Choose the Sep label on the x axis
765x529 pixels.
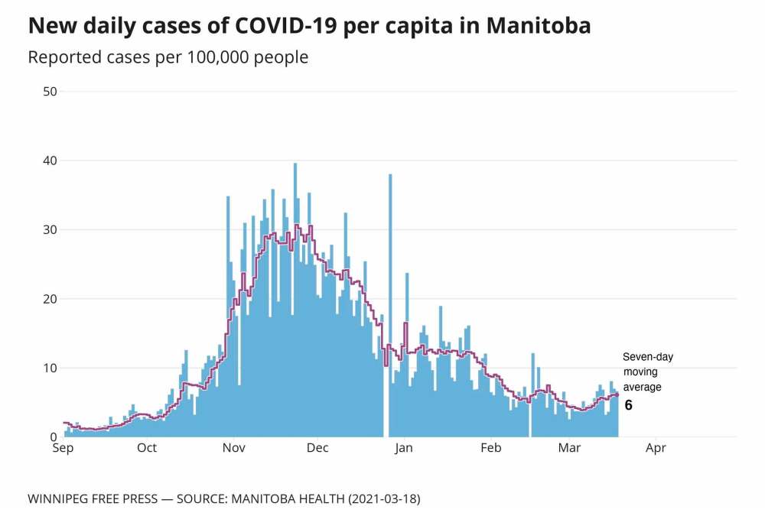[63, 448]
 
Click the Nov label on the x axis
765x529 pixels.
[233, 448]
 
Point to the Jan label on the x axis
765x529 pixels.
[404, 448]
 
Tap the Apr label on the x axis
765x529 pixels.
[656, 448]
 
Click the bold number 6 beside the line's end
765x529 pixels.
[629, 405]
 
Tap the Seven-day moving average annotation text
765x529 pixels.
[647, 372]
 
